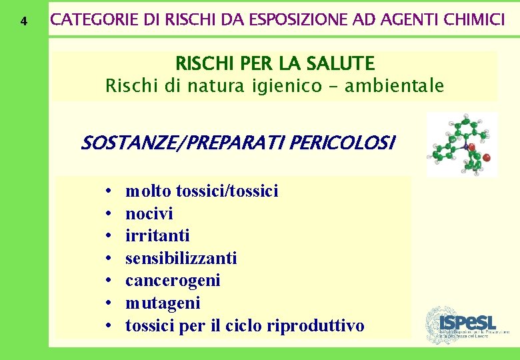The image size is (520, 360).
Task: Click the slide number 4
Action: tap(24, 21)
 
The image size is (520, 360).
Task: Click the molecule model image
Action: tap(461, 143)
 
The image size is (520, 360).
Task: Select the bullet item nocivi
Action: tap(149, 213)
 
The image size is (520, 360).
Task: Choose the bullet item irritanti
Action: tap(157, 235)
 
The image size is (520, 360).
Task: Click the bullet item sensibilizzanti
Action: tap(181, 258)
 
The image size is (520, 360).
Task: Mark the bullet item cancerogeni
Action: tap(173, 280)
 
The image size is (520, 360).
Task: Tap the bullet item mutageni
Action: tap(163, 303)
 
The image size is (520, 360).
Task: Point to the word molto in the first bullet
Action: tap(149, 191)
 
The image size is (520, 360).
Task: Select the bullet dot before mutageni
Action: tap(107, 303)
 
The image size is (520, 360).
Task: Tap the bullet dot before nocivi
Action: tap(107, 214)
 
